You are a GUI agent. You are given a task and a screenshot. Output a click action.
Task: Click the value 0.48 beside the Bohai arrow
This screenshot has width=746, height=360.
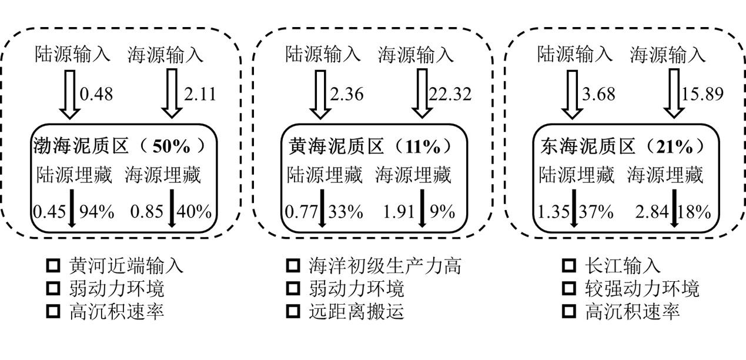tap(96, 94)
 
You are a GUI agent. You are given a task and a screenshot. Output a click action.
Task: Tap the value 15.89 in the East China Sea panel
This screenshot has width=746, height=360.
tap(702, 94)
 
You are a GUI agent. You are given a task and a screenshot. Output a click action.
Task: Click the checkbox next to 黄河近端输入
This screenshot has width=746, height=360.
tap(53, 266)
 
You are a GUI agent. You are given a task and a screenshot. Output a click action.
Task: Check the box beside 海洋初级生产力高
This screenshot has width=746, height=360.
tap(293, 266)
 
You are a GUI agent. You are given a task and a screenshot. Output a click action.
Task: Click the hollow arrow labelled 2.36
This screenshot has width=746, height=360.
tap(320, 94)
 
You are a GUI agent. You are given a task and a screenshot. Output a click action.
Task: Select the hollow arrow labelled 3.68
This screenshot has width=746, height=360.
tap(573, 94)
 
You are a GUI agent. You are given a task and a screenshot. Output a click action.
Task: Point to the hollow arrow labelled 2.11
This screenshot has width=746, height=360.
tap(173, 94)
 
